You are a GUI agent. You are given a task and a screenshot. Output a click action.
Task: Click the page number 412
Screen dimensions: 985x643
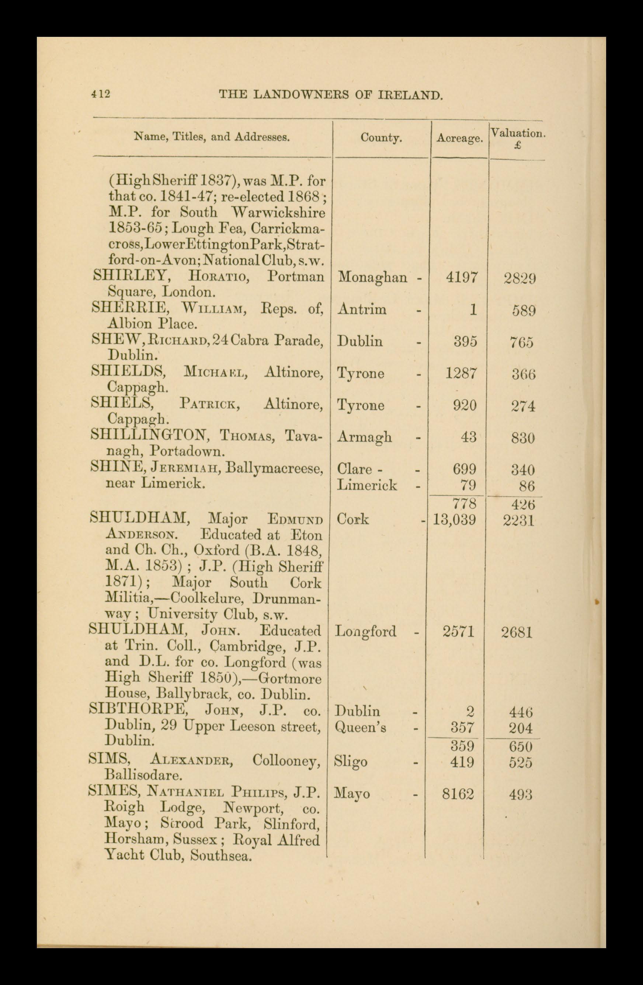[x=101, y=94]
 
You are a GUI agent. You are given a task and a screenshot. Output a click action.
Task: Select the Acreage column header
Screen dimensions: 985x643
[x=460, y=139]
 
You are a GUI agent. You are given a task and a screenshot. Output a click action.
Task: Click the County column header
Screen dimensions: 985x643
[x=381, y=137]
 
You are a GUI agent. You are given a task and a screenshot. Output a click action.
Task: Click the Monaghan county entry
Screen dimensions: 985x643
[x=373, y=277]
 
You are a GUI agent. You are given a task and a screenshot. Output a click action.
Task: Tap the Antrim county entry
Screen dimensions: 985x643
[x=362, y=309]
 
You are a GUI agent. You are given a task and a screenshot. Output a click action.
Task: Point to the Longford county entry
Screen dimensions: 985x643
[x=366, y=632]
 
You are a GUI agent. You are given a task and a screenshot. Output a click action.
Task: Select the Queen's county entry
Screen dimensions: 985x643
[x=360, y=727]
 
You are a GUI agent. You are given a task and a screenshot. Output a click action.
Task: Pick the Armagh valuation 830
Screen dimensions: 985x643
[x=522, y=438]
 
